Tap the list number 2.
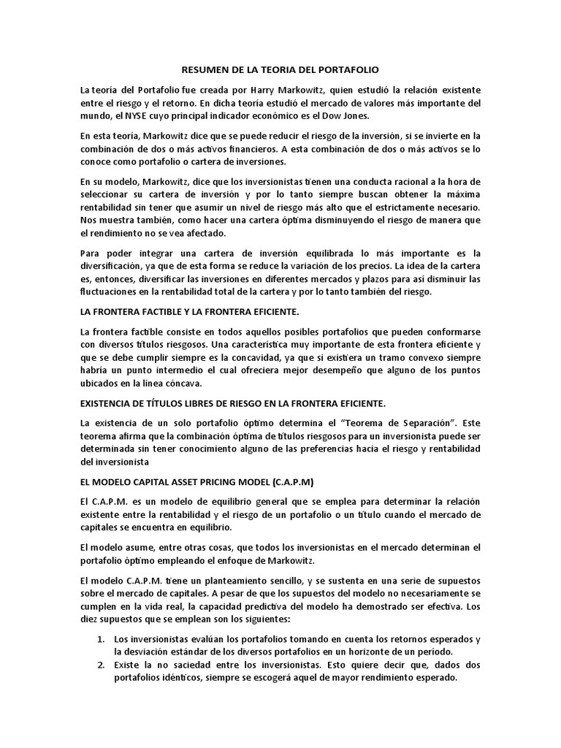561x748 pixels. point(102,665)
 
